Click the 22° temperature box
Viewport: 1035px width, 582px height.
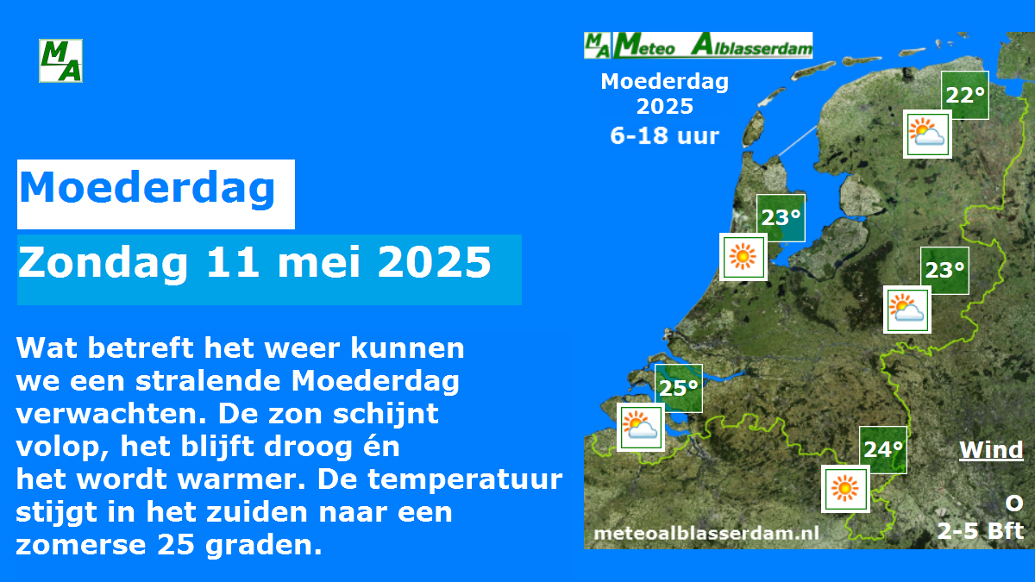(965, 95)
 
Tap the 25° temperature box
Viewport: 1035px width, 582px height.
(679, 388)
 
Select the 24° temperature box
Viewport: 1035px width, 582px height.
(883, 450)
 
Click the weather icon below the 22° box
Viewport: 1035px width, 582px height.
(927, 134)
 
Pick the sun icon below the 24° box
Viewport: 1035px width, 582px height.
(845, 489)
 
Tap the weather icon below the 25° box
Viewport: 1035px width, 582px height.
(640, 428)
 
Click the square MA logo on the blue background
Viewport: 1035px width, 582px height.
(60, 60)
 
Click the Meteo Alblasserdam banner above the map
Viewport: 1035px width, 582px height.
(698, 45)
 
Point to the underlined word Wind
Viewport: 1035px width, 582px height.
(991, 449)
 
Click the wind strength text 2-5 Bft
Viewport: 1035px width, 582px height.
(980, 531)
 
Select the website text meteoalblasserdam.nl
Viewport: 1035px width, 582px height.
(706, 534)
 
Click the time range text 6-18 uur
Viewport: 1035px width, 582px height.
(664, 135)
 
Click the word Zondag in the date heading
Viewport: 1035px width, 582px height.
(103, 263)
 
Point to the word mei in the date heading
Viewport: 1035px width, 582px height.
(319, 262)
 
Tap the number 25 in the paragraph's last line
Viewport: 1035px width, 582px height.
(176, 545)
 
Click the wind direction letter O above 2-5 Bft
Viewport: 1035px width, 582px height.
(1014, 503)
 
